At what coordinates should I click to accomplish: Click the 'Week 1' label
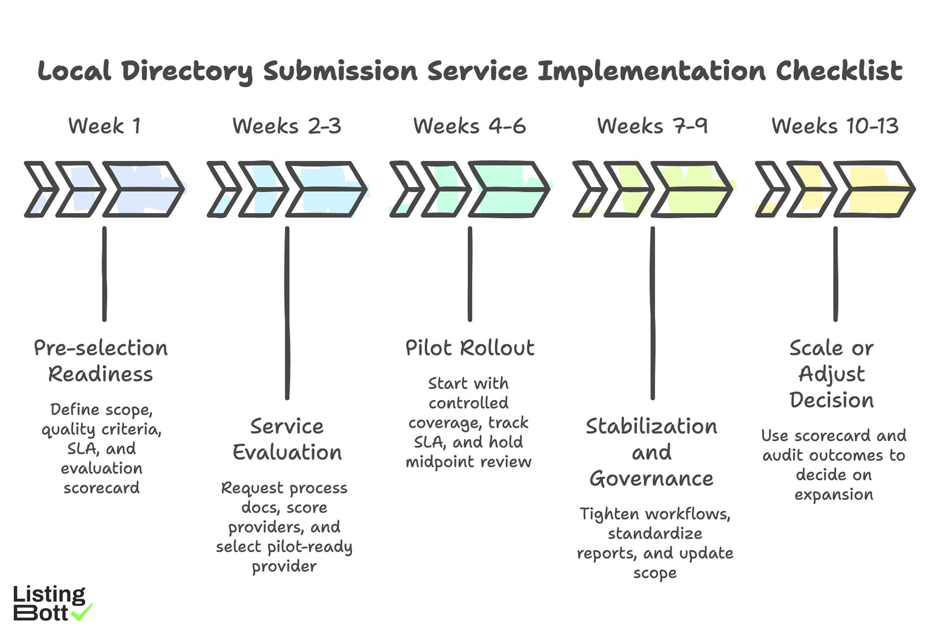(x=105, y=126)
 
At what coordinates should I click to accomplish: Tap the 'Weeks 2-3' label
(x=287, y=126)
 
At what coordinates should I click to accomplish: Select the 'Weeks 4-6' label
(x=470, y=126)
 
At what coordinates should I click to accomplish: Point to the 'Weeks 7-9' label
(x=652, y=126)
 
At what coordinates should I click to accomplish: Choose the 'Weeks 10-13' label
(x=835, y=126)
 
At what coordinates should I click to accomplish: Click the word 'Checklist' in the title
(x=839, y=71)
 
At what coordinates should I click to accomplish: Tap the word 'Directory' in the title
(x=187, y=72)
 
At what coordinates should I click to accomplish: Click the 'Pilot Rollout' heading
(x=470, y=348)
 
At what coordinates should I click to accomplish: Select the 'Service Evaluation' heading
(x=287, y=439)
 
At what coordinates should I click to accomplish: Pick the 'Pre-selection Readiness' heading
(x=101, y=361)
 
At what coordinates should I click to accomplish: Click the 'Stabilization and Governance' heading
(x=652, y=452)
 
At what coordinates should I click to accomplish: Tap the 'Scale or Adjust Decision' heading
(x=832, y=374)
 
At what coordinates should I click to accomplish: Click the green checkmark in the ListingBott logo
(x=83, y=612)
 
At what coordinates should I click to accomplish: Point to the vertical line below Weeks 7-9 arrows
(x=652, y=312)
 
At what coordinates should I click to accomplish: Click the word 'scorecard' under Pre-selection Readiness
(x=101, y=488)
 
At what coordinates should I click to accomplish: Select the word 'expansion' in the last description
(x=834, y=494)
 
